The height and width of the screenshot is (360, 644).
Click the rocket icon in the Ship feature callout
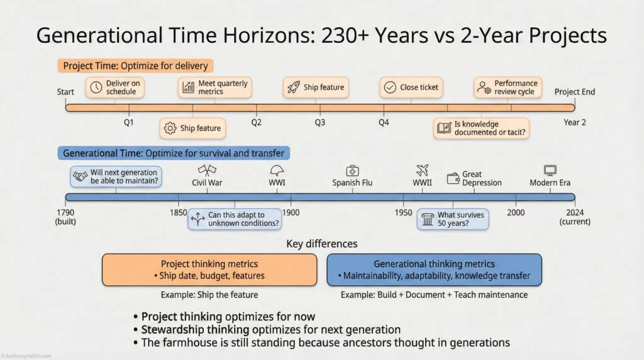point(292,87)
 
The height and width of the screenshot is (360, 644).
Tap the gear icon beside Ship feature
point(169,128)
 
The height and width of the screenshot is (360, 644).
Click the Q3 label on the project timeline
point(319,123)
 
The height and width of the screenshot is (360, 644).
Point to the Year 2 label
point(574,123)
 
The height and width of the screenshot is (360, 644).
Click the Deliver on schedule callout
point(114,87)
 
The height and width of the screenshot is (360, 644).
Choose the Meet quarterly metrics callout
point(214,87)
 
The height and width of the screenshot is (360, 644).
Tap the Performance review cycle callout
point(507,87)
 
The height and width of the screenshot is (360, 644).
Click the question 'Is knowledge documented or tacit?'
point(481,128)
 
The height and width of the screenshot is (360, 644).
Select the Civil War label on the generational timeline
point(207,183)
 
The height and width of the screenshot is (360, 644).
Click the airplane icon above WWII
point(422,170)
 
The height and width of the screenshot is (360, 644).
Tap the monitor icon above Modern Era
point(550,170)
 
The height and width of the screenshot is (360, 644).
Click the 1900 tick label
point(291,213)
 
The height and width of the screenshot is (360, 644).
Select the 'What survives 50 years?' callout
point(453,219)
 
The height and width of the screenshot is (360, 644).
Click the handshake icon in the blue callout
point(80,177)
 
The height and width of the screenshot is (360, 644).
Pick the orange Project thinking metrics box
point(209,270)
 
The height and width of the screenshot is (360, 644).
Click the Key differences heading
point(321,244)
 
